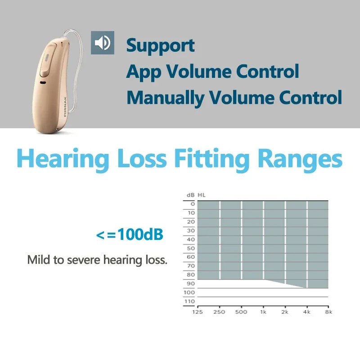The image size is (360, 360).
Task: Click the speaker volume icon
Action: click(103, 43)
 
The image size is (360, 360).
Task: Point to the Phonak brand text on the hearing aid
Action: click(65, 107)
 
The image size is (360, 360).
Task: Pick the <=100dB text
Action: click(130, 234)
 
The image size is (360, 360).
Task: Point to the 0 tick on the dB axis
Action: click(193, 204)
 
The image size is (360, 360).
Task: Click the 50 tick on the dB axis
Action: click(191, 248)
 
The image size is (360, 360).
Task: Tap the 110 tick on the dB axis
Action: click(189, 301)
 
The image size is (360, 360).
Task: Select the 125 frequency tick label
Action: click(198, 312)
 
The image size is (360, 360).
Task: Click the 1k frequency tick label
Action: click(263, 312)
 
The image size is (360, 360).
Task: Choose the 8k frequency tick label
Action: click(328, 312)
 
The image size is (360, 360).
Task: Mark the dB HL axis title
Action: click(196, 195)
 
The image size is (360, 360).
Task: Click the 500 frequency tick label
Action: click(241, 312)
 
